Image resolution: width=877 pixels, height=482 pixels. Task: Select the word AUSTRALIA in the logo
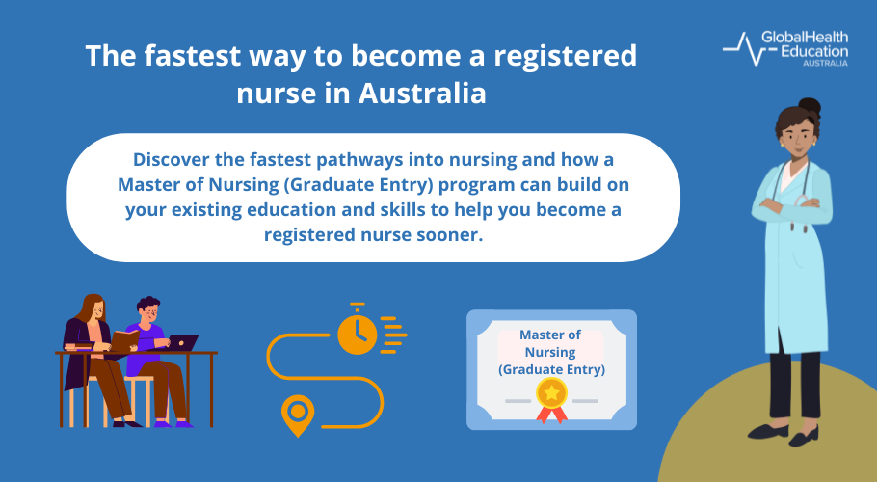tap(825, 63)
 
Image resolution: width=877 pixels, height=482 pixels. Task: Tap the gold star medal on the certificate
tap(551, 392)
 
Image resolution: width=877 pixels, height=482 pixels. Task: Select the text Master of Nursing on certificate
tap(550, 343)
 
